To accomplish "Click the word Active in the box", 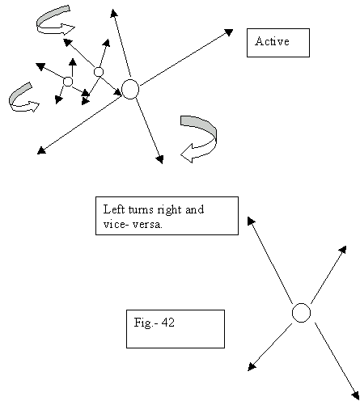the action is (x=272, y=41).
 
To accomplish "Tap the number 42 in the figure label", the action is (x=168, y=323).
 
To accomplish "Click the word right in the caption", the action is (x=169, y=210).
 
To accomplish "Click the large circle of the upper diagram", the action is (x=130, y=89).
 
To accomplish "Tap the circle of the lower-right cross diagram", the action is (x=301, y=313).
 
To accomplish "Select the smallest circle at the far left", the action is (x=68, y=82).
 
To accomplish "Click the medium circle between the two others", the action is (x=99, y=72).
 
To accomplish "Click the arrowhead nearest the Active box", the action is (x=229, y=32).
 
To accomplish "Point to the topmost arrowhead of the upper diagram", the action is (x=114, y=13).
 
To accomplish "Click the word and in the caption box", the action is (x=194, y=209).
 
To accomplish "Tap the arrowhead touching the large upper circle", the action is (x=118, y=92).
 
